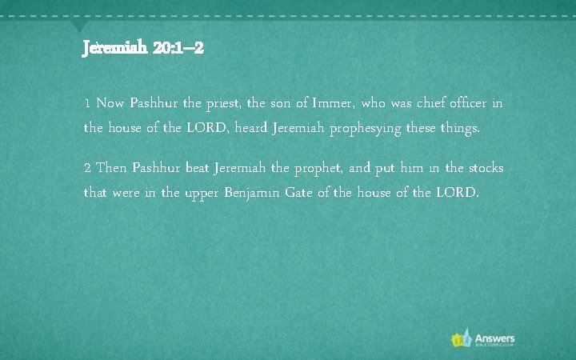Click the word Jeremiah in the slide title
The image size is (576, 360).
click(x=114, y=49)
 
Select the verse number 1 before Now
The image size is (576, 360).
click(x=87, y=104)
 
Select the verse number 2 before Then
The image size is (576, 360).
click(x=88, y=168)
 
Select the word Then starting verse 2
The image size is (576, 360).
click(x=111, y=168)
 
